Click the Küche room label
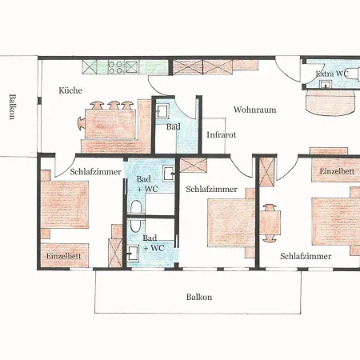click(70, 90)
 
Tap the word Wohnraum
click(254, 110)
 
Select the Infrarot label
click(222, 134)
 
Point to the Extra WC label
click(332, 74)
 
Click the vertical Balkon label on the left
click(12, 106)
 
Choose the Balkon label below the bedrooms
click(199, 297)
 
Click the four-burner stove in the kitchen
click(116, 67)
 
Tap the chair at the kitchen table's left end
click(81, 124)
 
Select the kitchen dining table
click(110, 124)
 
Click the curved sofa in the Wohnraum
click(330, 102)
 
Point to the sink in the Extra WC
click(325, 84)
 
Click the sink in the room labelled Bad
click(162, 111)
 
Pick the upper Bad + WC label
click(147, 184)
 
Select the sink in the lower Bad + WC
click(133, 253)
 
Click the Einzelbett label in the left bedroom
click(63, 256)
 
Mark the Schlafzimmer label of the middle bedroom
click(212, 189)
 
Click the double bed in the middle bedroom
click(231, 222)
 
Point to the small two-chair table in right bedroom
click(270, 223)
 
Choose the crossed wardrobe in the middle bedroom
click(194, 166)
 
